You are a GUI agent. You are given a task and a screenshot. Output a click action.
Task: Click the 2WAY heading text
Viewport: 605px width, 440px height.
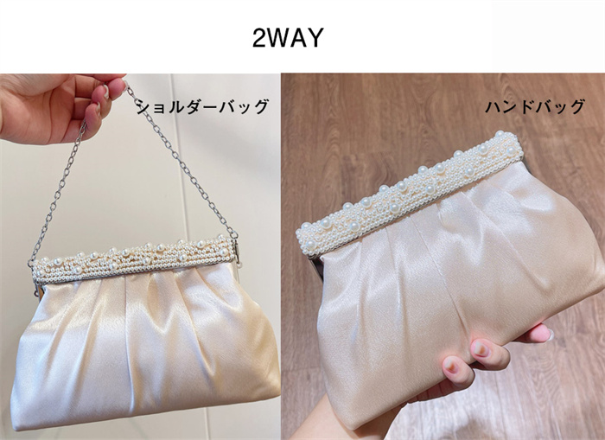point(288,38)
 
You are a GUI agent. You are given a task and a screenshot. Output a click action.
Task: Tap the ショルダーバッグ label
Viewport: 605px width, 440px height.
point(202,106)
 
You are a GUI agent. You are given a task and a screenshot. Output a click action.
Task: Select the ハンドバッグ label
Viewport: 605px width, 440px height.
point(535,106)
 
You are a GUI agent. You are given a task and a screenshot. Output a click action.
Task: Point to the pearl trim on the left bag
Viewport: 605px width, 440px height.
point(134,256)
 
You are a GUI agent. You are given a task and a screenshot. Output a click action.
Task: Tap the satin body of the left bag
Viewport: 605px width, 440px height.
point(144,348)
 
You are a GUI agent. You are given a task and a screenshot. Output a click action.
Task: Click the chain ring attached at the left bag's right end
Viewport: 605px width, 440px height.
point(234,234)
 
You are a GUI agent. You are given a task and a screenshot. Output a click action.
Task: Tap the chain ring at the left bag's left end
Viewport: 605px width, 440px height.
point(30,264)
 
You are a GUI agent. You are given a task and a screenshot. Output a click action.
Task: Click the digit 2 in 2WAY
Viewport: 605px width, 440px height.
point(259,38)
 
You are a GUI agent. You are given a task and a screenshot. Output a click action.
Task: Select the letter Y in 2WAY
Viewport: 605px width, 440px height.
point(315,38)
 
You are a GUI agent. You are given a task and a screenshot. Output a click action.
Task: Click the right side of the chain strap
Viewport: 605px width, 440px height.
point(181,163)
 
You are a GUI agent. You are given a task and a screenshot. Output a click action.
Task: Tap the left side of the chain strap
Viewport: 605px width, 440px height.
point(58,193)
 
